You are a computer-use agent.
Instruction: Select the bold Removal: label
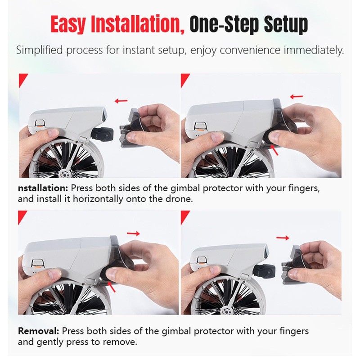click(x=38, y=331)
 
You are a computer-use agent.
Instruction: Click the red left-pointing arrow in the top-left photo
click(x=121, y=101)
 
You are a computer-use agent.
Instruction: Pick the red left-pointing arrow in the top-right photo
click(x=296, y=96)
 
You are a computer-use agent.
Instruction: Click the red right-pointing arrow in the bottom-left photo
click(x=133, y=234)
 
